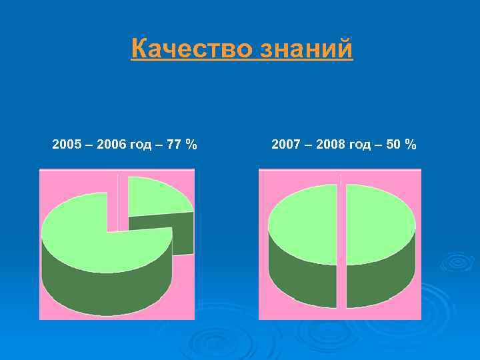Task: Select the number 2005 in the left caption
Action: tap(66, 144)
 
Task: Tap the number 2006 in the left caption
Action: tap(111, 144)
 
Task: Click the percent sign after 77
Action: tap(192, 144)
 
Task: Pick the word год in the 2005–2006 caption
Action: tap(141, 145)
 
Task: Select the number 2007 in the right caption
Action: tap(286, 144)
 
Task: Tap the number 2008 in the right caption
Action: tap(331, 144)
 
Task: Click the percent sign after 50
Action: tap(411, 144)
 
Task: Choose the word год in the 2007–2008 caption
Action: tap(361, 145)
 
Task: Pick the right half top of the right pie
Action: tap(380, 223)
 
